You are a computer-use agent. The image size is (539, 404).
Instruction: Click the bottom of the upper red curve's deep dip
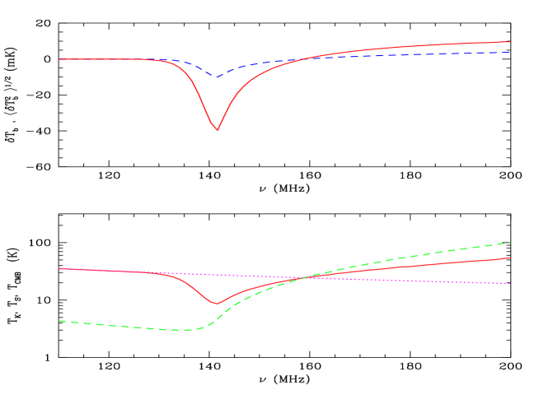pos(217,130)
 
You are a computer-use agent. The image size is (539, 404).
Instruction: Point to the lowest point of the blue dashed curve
pos(217,77)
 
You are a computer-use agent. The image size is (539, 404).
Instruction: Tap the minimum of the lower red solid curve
pos(216,304)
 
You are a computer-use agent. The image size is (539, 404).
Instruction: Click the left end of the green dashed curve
pos(59,321)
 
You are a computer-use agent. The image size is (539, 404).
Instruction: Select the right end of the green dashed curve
pos(510,243)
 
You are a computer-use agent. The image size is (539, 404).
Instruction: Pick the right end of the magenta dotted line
pos(510,284)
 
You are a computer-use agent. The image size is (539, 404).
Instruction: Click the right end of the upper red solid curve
pos(510,42)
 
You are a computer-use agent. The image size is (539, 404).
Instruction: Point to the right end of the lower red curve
pos(510,258)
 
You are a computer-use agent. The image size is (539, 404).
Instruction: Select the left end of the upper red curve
pos(59,59)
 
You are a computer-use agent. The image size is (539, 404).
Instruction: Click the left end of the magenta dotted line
pos(59,268)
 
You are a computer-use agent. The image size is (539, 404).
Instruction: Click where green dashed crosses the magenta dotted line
pos(303,278)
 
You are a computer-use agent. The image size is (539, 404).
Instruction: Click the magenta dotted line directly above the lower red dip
pos(216,275)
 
